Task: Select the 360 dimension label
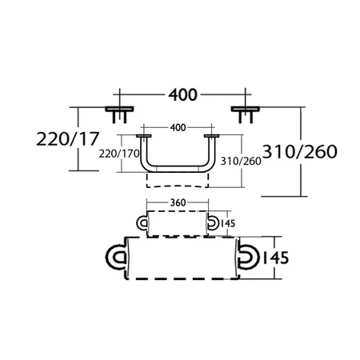point(178,202)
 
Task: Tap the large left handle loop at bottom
point(117,258)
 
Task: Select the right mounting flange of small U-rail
point(212,137)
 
